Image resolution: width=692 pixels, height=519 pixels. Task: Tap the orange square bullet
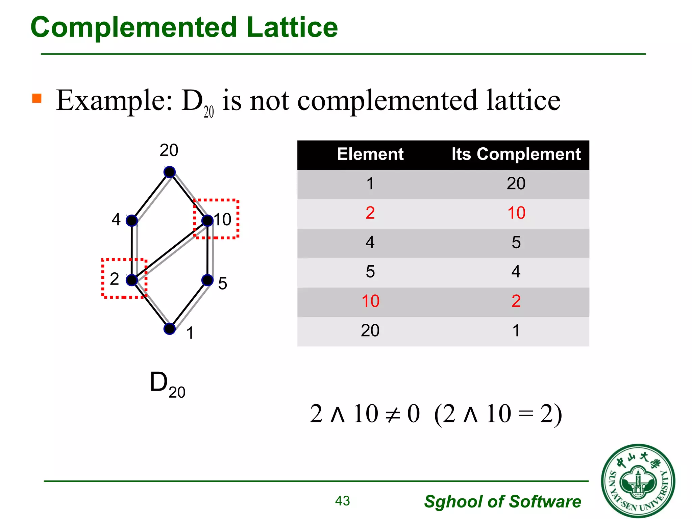pos(37,98)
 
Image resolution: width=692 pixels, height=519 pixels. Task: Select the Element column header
pos(370,154)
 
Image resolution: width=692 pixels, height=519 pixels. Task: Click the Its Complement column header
pos(516,154)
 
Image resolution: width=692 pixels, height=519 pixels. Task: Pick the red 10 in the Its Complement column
pos(516,213)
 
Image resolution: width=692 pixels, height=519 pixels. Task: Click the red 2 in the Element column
pos(370,213)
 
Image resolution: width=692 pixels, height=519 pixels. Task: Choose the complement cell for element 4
pos(516,242)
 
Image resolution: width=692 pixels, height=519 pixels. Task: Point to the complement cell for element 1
pos(516,183)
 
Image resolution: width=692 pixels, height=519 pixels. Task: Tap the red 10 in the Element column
pos(370,301)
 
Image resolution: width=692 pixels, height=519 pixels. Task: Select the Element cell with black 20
pos(370,330)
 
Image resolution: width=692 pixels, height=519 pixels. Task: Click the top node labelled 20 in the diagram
pos(170,172)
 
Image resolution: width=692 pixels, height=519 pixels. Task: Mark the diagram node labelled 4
pos(132,221)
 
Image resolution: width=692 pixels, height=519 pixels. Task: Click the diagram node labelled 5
pos(207,280)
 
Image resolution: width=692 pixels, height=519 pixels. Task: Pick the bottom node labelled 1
pos(170,329)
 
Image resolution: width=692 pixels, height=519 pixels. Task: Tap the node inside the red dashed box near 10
pos(207,221)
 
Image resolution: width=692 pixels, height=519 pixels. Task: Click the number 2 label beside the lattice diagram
pos(115,279)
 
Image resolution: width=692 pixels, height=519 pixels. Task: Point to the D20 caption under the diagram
pos(167,384)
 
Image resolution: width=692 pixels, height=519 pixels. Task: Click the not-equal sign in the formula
pos(393,414)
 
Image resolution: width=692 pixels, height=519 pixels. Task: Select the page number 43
pos(342,501)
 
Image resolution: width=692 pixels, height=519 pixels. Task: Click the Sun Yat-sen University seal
pos(638,480)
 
